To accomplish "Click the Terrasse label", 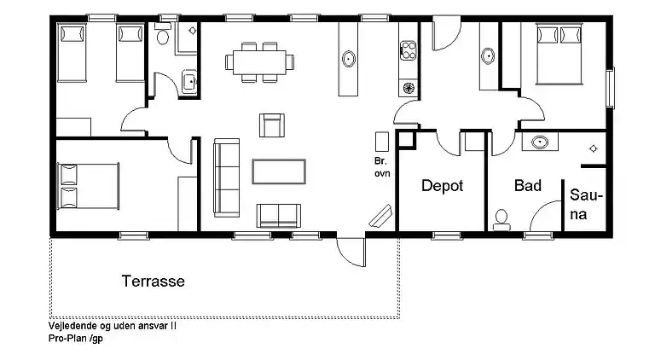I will [153, 281].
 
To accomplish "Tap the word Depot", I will [442, 186].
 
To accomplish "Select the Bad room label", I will [528, 186].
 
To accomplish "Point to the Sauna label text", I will [585, 205].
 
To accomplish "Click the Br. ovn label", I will [381, 166].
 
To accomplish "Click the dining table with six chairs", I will [259, 61].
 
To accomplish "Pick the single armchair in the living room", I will [271, 125].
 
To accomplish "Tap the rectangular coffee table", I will [279, 171].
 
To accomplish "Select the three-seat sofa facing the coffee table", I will [226, 177].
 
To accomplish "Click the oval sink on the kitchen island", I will [349, 59].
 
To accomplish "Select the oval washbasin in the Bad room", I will [539, 142].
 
